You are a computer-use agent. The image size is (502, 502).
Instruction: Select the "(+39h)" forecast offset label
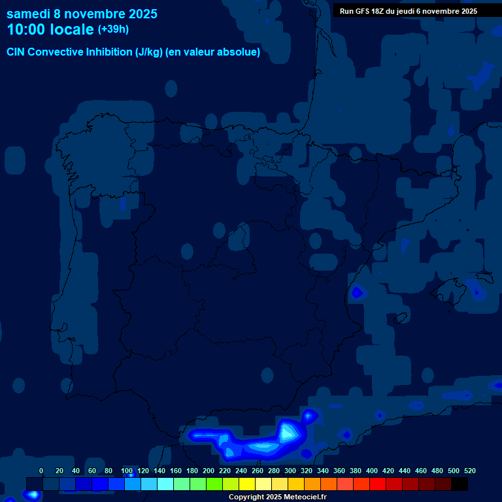tap(113, 29)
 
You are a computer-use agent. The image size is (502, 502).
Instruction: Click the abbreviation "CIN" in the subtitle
tap(16, 52)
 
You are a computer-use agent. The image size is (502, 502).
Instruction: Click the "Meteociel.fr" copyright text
tap(301, 497)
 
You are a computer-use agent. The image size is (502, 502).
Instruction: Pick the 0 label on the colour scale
tap(41, 471)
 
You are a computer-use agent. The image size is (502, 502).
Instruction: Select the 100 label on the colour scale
tap(127, 471)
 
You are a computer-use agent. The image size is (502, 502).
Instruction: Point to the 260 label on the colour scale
tap(258, 471)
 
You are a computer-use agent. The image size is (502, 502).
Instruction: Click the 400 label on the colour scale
tap(372, 471)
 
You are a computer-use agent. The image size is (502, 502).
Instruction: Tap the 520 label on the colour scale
tap(470, 471)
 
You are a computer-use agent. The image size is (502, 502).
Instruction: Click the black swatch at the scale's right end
tap(460, 484)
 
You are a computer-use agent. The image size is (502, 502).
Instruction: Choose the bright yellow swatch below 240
tap(247, 484)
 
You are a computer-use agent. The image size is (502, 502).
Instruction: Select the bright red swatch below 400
tap(378, 484)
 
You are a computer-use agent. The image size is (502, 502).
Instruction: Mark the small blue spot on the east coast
tap(357, 292)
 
